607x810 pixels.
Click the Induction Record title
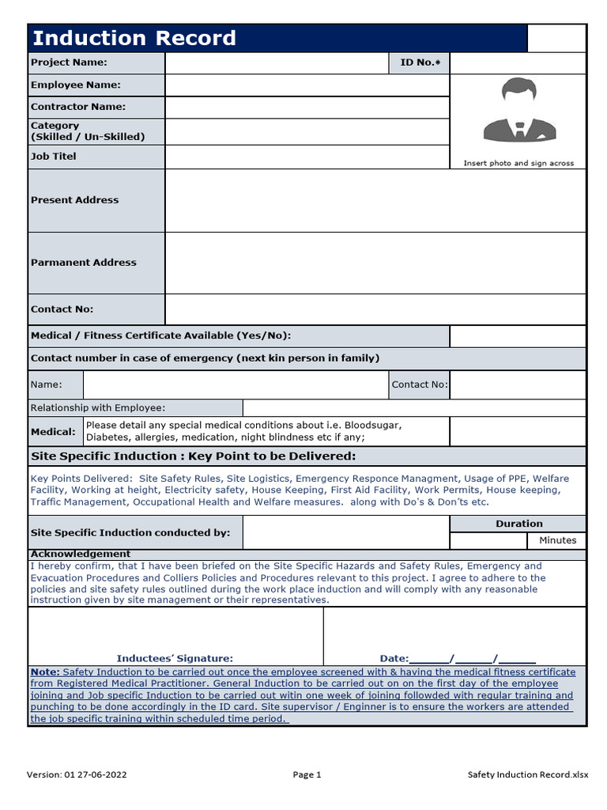[134, 38]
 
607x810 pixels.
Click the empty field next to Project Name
[276, 62]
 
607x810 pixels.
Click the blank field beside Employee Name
[307, 85]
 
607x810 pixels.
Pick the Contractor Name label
[78, 107]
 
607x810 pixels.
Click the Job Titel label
[54, 157]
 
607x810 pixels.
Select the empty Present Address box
[375, 200]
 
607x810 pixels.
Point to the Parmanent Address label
[83, 263]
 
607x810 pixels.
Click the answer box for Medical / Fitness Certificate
[518, 336]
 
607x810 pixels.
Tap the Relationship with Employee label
[98, 407]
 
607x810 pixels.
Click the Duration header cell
[518, 524]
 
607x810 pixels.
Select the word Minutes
[557, 540]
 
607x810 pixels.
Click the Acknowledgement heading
[81, 554]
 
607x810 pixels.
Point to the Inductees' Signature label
[175, 658]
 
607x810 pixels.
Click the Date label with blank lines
[457, 658]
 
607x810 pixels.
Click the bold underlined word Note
[44, 672]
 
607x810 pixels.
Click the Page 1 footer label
[307, 775]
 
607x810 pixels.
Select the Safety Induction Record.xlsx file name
[527, 775]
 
